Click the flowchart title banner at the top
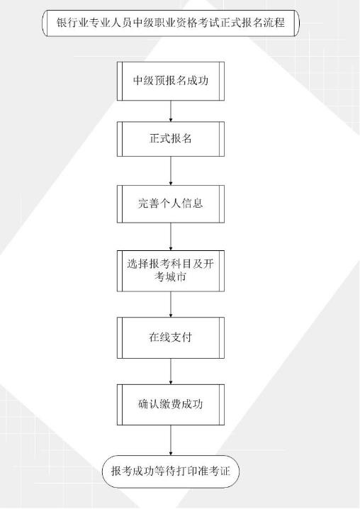coord(170,23)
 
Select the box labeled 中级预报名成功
coord(171,81)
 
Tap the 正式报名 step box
coord(171,139)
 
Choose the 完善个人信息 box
coord(171,204)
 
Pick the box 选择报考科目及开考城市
coord(171,271)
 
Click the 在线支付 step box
coord(171,337)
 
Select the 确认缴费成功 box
coord(171,405)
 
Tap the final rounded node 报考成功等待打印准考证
coord(171,471)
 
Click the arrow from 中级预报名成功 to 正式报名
coord(171,111)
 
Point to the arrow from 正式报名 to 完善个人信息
coord(171,171)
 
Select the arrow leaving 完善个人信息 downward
coord(171,236)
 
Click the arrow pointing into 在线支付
coord(171,304)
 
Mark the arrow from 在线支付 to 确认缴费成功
coord(171,371)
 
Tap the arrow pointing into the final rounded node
coord(171,440)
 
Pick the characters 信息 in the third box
coord(192,203)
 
